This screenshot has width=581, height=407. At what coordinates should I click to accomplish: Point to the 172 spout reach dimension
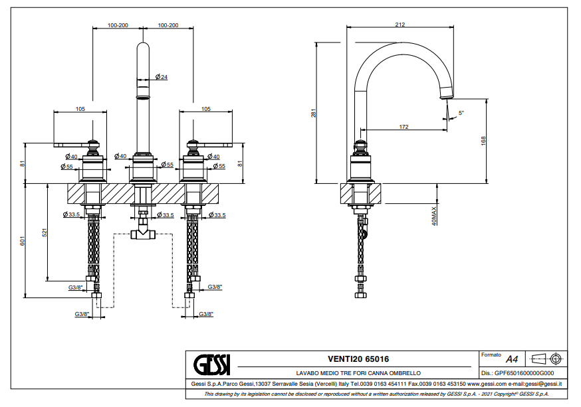point(404,126)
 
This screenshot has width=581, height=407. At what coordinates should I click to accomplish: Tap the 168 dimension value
point(484,140)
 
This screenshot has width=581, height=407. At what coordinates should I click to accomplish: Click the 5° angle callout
point(461,113)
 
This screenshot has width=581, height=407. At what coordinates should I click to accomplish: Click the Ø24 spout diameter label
point(162,78)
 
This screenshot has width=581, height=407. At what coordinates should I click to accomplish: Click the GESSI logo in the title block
point(211,365)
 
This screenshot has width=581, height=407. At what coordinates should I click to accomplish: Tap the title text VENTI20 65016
point(358,359)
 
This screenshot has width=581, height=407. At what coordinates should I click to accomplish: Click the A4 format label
point(512,357)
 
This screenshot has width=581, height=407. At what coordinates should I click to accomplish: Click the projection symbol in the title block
point(548,359)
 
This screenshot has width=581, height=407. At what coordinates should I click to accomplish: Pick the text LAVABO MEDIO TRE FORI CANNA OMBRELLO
point(358,373)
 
